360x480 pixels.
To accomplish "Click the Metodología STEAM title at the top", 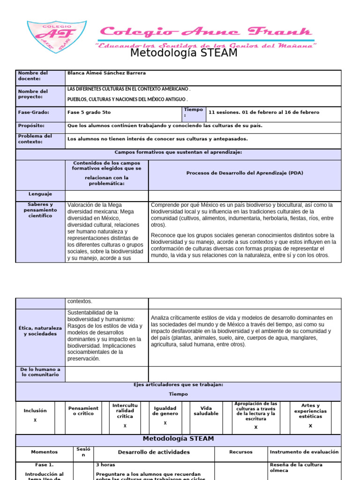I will [184, 53].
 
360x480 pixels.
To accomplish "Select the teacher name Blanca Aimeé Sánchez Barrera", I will [106, 73].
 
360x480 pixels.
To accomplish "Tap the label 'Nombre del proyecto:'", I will [33, 94].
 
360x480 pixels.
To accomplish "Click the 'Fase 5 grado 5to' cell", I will [89, 112].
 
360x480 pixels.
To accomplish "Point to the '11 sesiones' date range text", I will [264, 112].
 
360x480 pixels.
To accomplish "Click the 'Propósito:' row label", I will [31, 126].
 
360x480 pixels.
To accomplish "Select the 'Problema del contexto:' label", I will [35, 139].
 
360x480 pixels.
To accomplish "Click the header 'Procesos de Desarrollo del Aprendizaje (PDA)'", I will [245, 173].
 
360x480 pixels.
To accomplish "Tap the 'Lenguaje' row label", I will [40, 194].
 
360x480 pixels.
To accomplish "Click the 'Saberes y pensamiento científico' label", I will [40, 210].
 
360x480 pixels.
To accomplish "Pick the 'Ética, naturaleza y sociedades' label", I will [40, 330].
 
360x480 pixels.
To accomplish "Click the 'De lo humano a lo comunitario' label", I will [40, 372].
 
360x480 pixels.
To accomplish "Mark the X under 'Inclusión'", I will [35, 420].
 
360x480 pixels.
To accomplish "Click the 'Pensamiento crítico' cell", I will [83, 411].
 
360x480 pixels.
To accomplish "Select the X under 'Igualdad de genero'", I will [165, 423].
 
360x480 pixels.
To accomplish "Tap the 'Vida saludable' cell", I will [206, 411].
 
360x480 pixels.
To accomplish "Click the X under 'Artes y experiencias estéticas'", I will [310, 426].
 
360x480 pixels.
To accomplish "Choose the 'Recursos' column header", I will [241, 452].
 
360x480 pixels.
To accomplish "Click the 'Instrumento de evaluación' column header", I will [304, 452].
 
